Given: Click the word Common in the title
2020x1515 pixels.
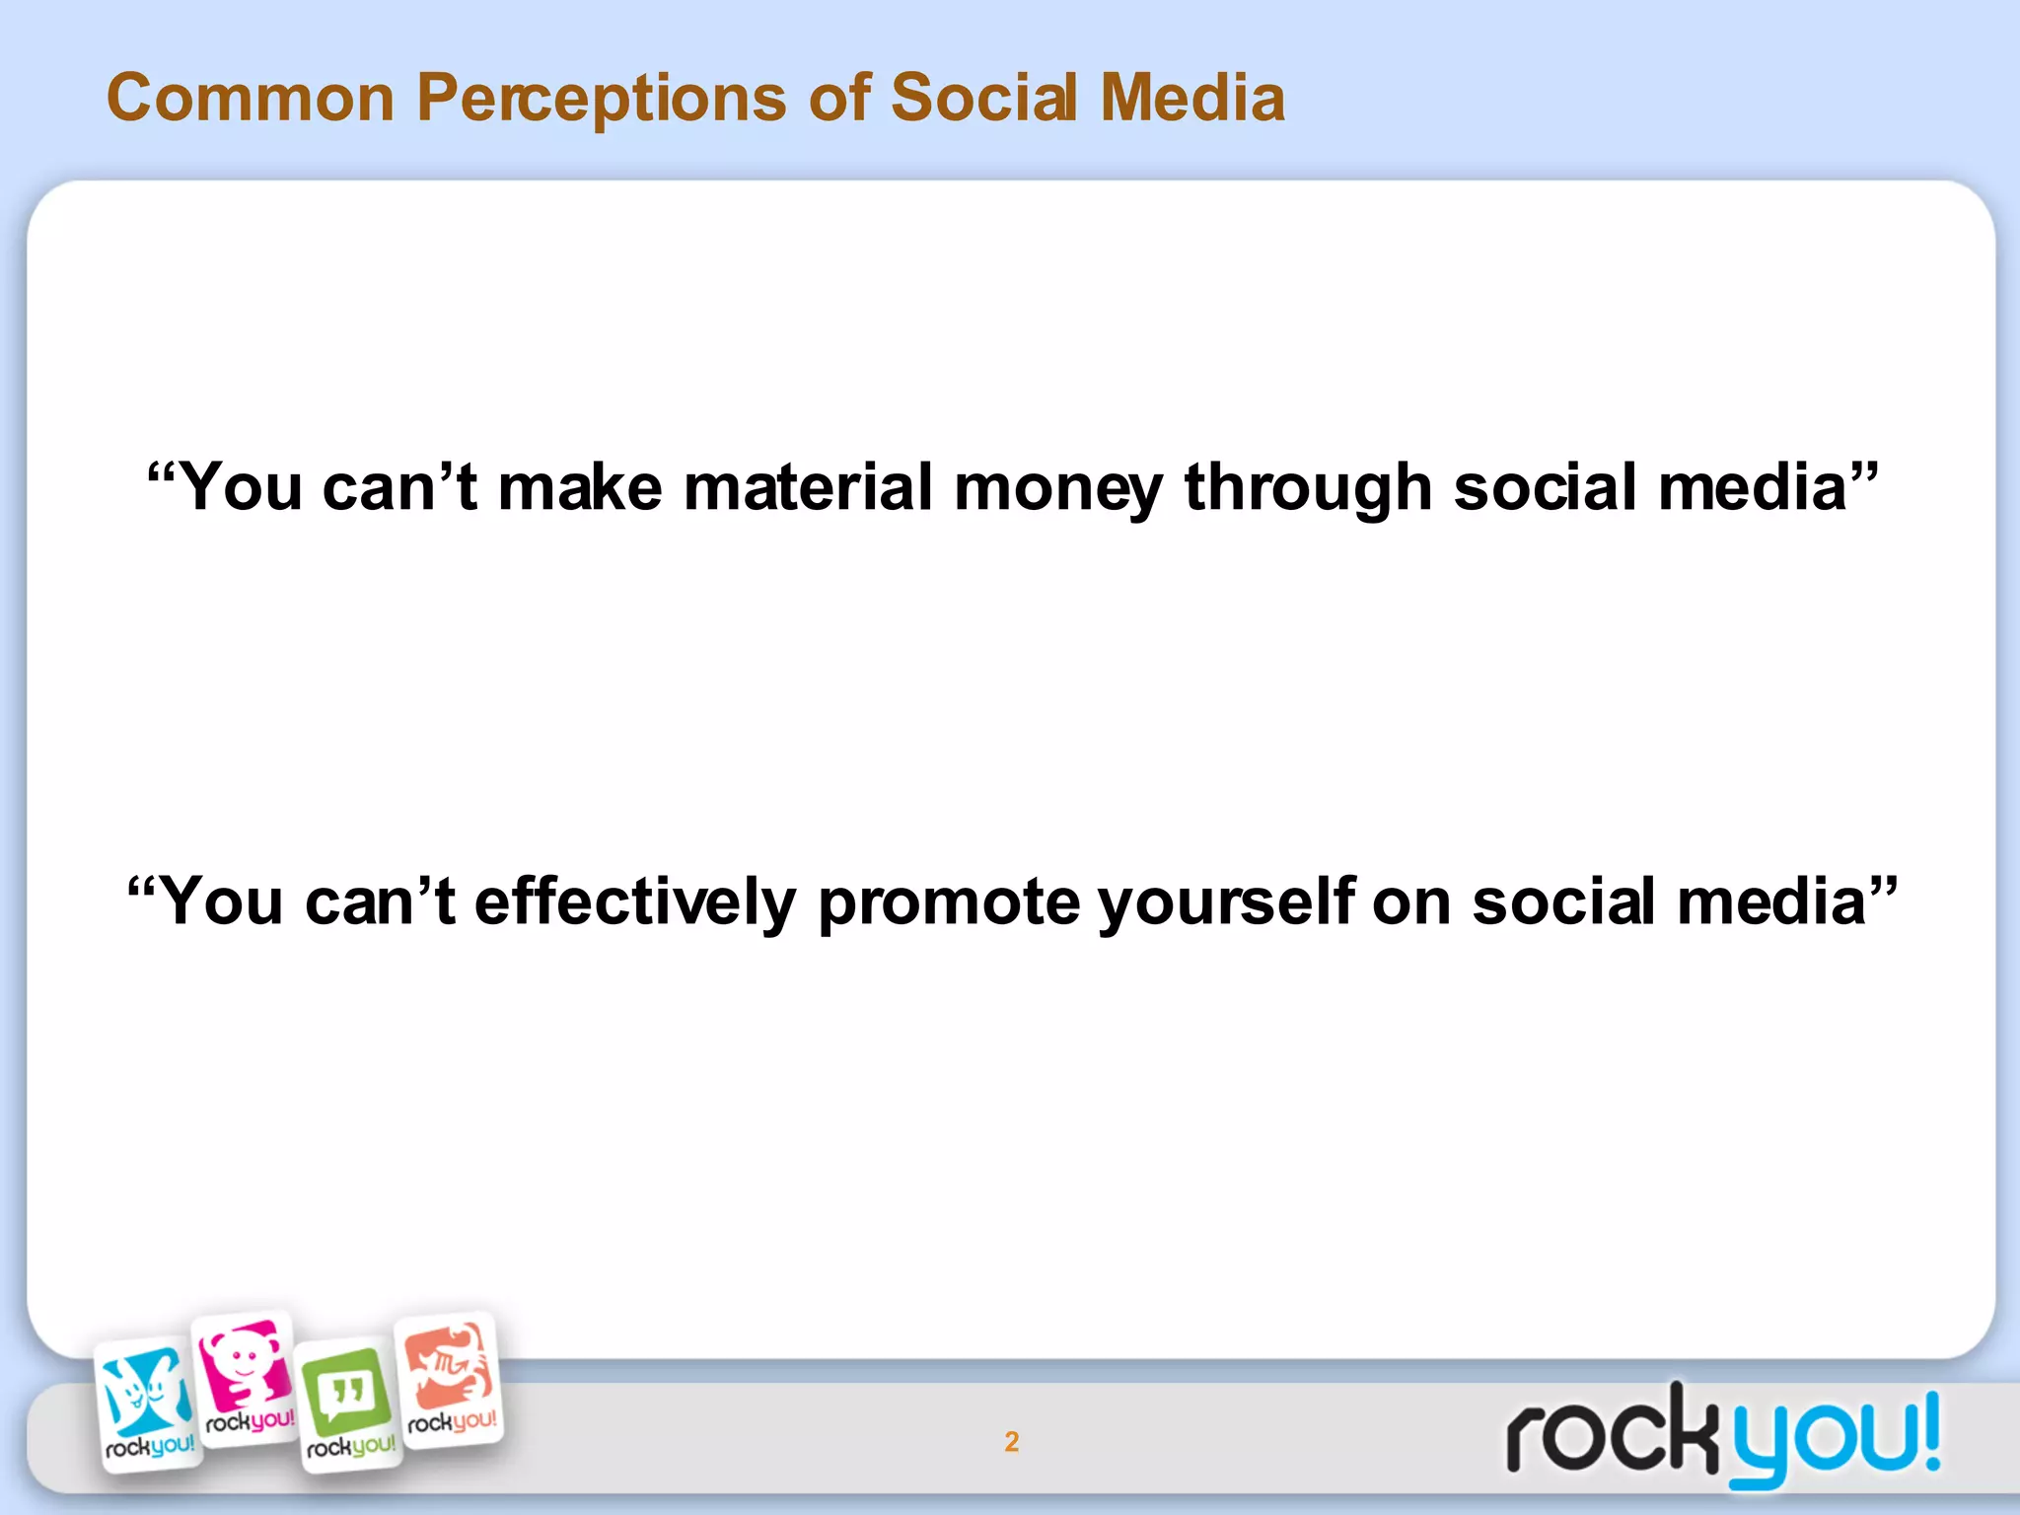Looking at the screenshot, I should click(x=251, y=99).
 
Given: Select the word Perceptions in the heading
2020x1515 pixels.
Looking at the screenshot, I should click(x=601, y=99).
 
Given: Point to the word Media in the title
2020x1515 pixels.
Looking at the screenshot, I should click(x=1192, y=99).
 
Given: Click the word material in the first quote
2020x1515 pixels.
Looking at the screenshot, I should click(x=808, y=487).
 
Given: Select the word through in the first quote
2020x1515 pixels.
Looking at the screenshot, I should click(x=1308, y=489).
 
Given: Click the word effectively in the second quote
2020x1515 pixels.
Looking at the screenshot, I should click(x=635, y=902).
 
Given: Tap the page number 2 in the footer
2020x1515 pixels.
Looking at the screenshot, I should click(x=1011, y=1442).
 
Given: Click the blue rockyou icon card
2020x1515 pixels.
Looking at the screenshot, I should click(x=148, y=1404).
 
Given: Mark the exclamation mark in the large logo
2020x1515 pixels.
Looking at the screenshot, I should click(x=1927, y=1429).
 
